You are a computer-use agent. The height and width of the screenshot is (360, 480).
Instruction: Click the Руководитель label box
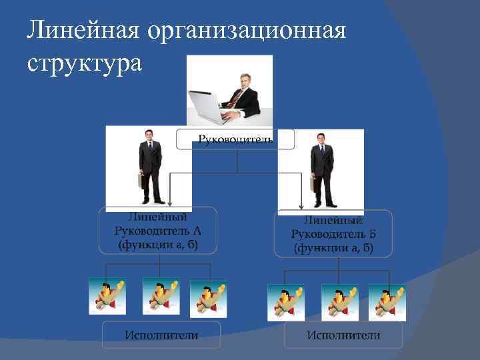pos(235,139)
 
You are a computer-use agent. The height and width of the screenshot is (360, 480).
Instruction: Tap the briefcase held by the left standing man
pos(141,181)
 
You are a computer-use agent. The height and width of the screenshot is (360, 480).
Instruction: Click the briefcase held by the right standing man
pos(313,184)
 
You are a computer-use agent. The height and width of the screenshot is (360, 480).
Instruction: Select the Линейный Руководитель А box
pos(158,231)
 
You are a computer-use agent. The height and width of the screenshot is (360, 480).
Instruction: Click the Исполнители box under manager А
pos(161,335)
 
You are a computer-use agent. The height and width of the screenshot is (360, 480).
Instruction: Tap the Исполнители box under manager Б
pos(343,335)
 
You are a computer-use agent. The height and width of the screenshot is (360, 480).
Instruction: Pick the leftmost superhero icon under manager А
pos(107,296)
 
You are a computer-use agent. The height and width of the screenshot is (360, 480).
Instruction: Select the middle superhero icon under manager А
pos(161,296)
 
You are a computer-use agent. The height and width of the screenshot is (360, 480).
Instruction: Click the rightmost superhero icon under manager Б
pos(387,302)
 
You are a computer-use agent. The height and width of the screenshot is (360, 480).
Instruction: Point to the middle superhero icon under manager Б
pos(339,302)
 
